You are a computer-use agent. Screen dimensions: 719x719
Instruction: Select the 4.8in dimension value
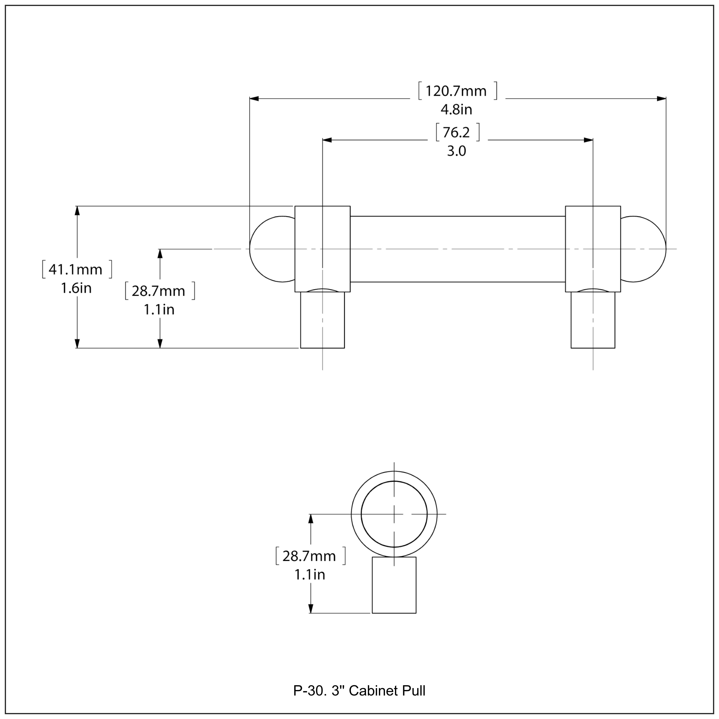coord(456,110)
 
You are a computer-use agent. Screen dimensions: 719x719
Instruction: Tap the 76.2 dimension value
coord(456,133)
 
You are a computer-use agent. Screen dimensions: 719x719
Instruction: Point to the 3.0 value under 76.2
coord(456,151)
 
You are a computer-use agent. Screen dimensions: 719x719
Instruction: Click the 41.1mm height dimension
coord(75,269)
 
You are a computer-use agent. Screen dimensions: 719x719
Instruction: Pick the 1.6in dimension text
coord(76,288)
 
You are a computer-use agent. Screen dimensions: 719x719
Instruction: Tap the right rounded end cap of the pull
coord(644,249)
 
